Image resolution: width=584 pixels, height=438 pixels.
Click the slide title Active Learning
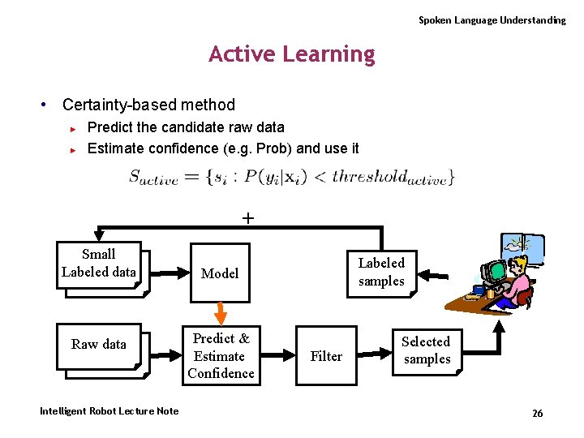coord(292,54)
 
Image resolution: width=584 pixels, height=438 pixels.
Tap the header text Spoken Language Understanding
coord(492,20)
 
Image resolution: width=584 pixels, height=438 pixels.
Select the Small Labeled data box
coord(98,263)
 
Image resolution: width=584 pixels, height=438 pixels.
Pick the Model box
coord(220,273)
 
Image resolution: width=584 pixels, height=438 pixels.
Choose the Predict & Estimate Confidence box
coord(220,355)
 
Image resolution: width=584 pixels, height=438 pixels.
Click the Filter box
coord(326,355)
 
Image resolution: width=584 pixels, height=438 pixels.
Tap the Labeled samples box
coord(381,272)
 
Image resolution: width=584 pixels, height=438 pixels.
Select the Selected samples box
coord(427,350)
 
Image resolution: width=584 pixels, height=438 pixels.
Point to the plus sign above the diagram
coord(247,217)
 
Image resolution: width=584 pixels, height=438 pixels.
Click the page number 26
coord(537,414)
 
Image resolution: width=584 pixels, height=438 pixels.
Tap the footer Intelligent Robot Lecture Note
coord(109,411)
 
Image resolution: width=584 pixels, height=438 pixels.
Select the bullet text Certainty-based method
coord(148,105)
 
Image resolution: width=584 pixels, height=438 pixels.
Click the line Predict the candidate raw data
coord(186,127)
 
